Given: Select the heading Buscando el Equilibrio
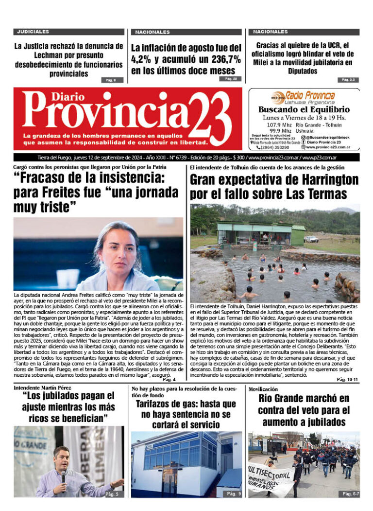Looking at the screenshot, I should coord(304,109).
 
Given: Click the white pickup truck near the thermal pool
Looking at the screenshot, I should coord(311,239).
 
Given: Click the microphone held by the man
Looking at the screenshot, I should coord(63,474).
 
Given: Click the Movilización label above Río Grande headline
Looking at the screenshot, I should coord(263,389).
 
